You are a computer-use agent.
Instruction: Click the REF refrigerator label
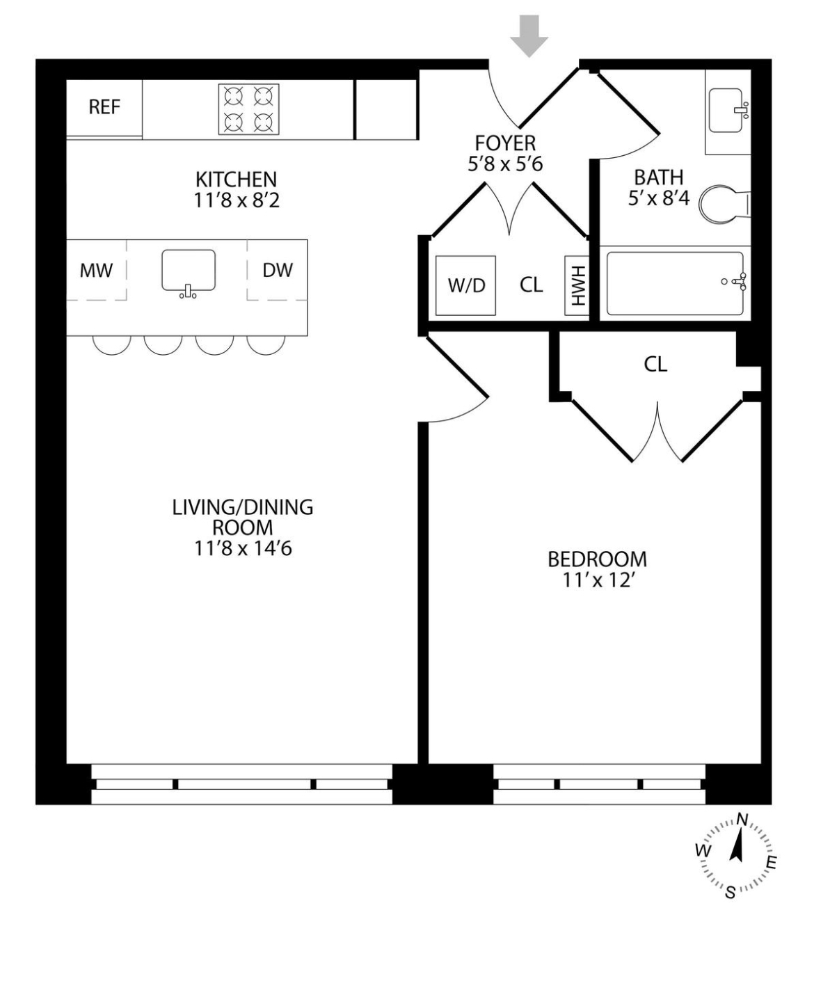[x=104, y=107]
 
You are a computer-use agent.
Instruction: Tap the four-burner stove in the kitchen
[x=248, y=109]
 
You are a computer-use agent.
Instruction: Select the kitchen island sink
[x=188, y=271]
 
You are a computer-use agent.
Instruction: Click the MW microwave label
[x=96, y=271]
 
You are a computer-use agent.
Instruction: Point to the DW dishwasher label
[x=278, y=271]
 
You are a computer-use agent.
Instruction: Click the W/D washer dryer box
[x=465, y=285]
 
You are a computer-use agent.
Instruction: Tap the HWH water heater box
[x=577, y=285]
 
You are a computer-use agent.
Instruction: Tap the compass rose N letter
[x=742, y=819]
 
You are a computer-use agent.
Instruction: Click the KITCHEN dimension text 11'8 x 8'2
[x=236, y=200]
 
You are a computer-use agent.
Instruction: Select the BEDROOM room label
[x=597, y=559]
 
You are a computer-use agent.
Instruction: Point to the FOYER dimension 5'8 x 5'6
[x=505, y=164]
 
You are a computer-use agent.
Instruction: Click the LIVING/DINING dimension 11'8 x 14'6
[x=243, y=548]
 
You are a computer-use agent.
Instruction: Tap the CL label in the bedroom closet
[x=655, y=364]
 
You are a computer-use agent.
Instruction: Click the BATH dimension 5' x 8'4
[x=658, y=198]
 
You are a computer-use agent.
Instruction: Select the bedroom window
[x=599, y=783]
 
